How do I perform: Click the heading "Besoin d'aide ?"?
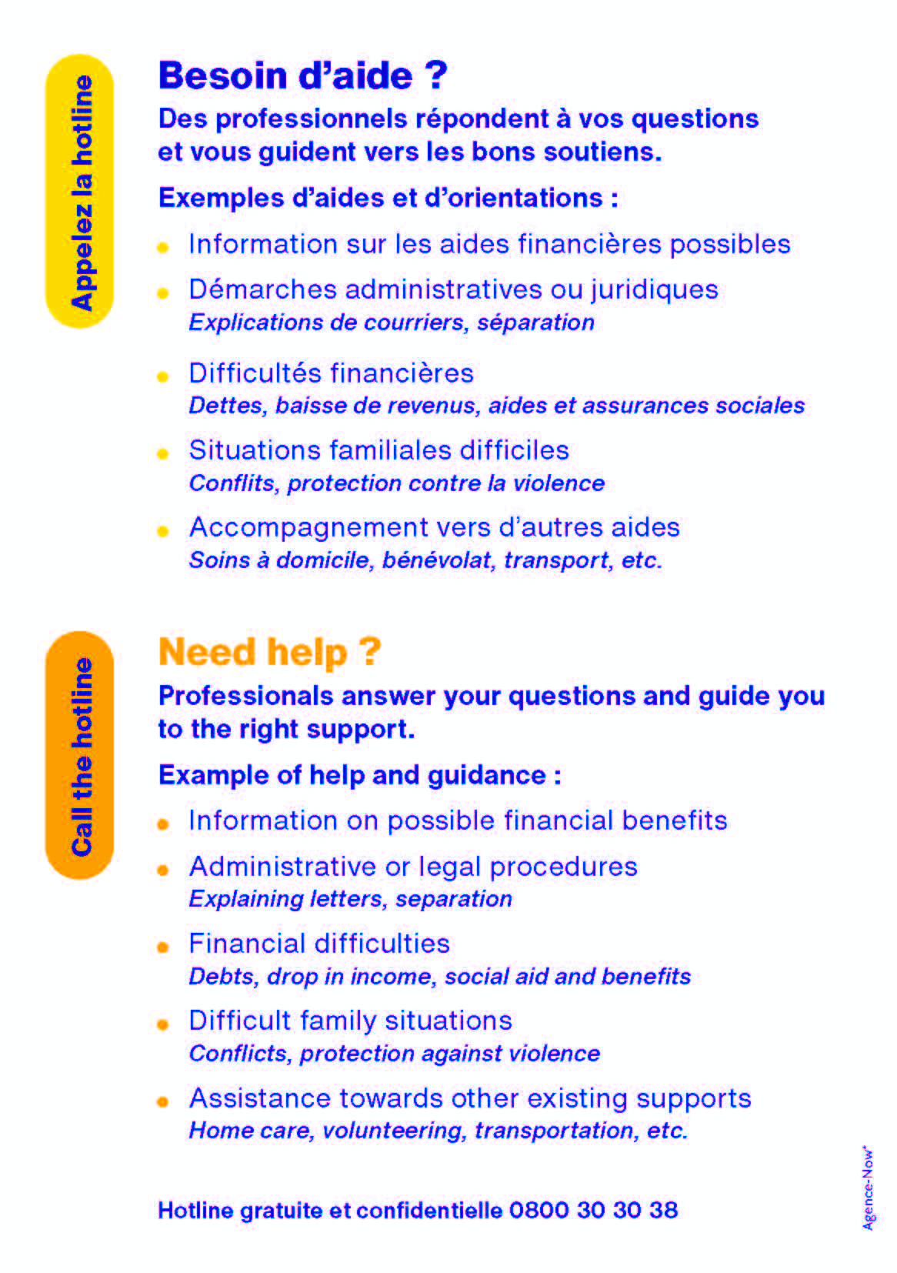pyautogui.click(x=303, y=76)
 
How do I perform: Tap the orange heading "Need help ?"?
pyautogui.click(x=270, y=652)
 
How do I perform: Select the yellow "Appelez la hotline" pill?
pyautogui.click(x=79, y=191)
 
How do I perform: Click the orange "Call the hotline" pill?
pyautogui.click(x=79, y=755)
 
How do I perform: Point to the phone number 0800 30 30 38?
pyautogui.click(x=593, y=1210)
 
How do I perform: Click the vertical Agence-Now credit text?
pyautogui.click(x=868, y=1188)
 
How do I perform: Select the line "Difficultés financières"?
pyautogui.click(x=332, y=373)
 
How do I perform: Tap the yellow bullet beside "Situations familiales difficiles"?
pyautogui.click(x=163, y=453)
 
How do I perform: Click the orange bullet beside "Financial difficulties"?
pyautogui.click(x=163, y=947)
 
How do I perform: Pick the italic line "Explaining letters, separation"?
pyautogui.click(x=351, y=899)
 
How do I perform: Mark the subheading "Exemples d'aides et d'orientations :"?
pyautogui.click(x=388, y=199)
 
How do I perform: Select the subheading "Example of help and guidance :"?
pyautogui.click(x=360, y=775)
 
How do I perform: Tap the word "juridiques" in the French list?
pyautogui.click(x=655, y=290)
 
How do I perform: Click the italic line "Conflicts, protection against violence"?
pyautogui.click(x=395, y=1054)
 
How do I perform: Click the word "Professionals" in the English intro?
pyautogui.click(x=246, y=697)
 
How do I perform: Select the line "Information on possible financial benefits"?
pyautogui.click(x=458, y=821)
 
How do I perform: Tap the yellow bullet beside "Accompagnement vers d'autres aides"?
pyautogui.click(x=163, y=531)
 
